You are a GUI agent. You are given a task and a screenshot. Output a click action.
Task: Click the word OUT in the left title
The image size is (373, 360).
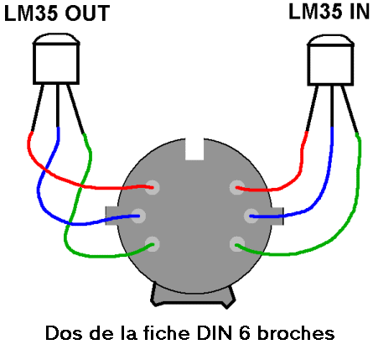tap(87, 13)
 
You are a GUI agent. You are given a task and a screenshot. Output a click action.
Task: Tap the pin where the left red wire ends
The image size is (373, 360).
tap(153, 187)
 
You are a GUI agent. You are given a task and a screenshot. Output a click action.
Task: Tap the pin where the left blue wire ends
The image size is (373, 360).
tap(138, 216)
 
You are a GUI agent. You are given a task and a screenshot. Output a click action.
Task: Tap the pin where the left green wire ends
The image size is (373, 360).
tap(153, 244)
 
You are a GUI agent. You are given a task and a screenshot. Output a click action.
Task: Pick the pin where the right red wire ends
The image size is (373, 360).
tap(237, 187)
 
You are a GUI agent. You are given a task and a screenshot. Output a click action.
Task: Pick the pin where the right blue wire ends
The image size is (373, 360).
tap(251, 216)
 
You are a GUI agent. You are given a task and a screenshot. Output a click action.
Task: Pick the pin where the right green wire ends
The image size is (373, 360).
tap(237, 244)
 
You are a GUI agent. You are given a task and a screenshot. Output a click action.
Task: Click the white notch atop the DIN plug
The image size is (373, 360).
tap(194, 149)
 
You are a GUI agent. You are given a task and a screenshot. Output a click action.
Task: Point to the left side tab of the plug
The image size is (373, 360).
tap(111, 216)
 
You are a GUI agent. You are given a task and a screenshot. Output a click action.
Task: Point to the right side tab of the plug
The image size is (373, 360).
tap(277, 216)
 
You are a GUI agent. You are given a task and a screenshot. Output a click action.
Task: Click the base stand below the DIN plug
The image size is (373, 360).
tap(194, 298)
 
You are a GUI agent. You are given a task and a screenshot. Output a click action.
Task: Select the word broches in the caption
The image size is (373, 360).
tap(296, 333)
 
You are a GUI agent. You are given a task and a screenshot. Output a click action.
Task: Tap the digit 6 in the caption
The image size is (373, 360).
tap(246, 333)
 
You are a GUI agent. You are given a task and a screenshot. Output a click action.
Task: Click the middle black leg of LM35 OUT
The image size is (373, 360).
tap(58, 106)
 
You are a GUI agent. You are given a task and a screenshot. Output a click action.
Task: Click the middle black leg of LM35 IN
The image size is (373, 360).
tap(332, 107)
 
